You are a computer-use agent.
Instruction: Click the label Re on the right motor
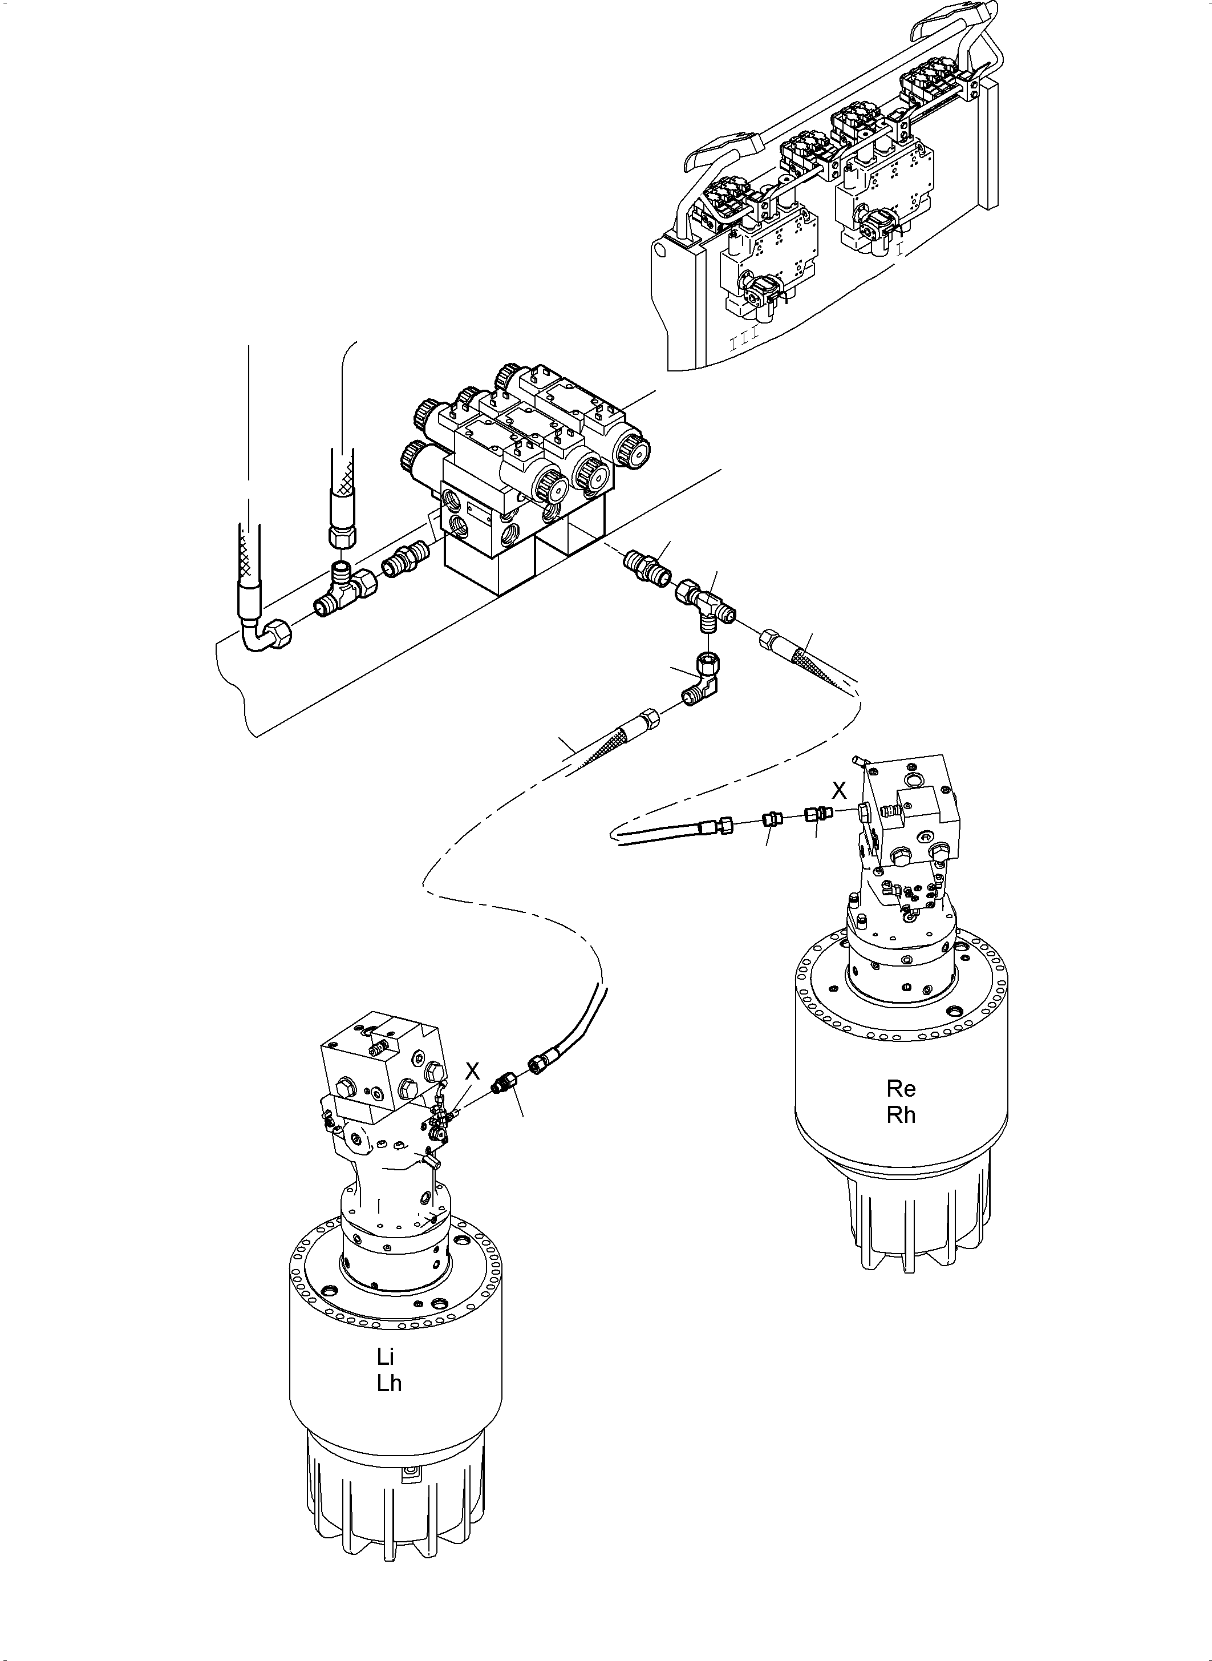[x=901, y=1089]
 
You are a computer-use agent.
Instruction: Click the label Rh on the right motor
[x=901, y=1115]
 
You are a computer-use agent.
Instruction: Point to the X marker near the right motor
[x=838, y=790]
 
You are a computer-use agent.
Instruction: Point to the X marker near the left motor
[x=472, y=1072]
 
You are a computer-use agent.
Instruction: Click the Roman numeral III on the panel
[x=745, y=343]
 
